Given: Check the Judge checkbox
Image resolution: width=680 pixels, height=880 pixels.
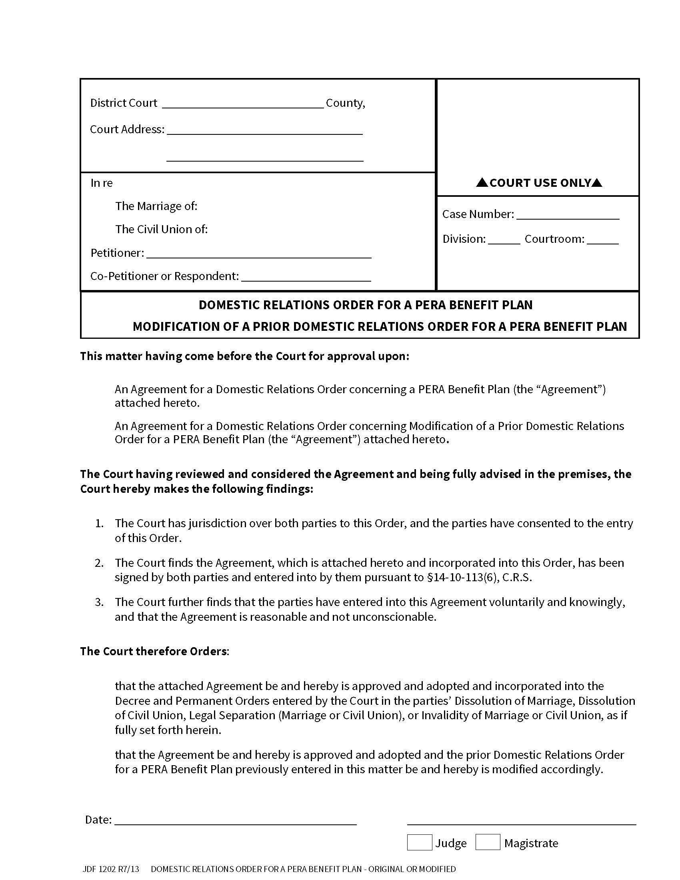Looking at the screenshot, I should coord(419,842).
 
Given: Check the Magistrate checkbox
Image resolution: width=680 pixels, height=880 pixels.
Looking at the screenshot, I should coord(488,842).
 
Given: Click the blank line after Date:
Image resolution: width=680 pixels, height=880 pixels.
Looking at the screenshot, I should coord(236,820).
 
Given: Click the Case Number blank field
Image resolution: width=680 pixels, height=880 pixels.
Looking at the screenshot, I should coord(568,215).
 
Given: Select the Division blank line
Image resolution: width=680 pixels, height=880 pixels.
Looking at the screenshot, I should coord(504,240).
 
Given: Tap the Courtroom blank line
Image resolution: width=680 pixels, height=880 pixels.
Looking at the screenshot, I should coord(603,240).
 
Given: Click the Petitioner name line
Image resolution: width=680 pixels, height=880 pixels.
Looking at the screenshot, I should coord(259,254).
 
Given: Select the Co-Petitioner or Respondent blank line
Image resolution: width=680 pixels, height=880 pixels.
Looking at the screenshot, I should coord(306,277).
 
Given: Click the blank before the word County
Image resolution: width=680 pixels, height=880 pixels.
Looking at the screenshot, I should coord(243,104).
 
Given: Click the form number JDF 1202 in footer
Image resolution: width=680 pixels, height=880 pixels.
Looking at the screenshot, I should coord(111,869).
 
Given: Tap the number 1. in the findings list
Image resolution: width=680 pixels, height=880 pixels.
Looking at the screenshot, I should coord(100,524).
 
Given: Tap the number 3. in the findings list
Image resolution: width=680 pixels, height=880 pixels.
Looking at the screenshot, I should coord(100,602).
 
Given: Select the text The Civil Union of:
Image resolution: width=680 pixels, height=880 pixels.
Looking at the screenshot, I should coord(161,229).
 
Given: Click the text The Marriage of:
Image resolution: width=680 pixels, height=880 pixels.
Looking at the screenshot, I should coord(156,206).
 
